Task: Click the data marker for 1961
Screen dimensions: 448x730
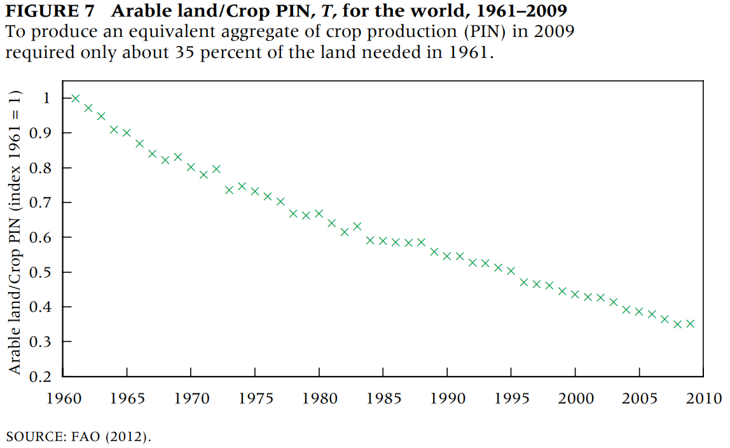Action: [x=76, y=99]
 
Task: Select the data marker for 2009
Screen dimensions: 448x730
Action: [x=690, y=323]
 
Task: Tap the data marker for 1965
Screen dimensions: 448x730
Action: [x=127, y=133]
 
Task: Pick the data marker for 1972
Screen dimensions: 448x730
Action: [x=216, y=169]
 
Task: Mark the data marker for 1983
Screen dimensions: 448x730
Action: [x=357, y=226]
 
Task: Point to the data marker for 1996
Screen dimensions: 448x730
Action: [x=524, y=282]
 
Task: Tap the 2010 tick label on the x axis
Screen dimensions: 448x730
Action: [x=703, y=398]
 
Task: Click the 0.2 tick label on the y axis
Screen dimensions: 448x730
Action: [x=43, y=377]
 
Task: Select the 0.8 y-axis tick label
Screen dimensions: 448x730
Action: [x=43, y=168]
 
